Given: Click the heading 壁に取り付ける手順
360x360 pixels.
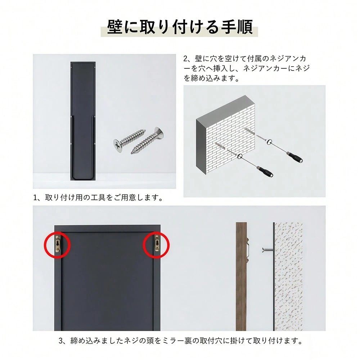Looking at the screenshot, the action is point(180,27).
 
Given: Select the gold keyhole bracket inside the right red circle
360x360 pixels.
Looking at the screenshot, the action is point(157,243).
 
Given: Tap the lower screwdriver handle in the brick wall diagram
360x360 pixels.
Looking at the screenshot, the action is point(265,171).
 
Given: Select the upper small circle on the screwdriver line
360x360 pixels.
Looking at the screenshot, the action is point(270,141).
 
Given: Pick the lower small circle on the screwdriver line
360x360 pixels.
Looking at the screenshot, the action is point(240,156).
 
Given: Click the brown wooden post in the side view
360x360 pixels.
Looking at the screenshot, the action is point(241,276).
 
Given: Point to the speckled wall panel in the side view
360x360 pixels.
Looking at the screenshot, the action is point(288,276).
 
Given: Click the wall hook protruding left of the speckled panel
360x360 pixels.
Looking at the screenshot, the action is point(267,249).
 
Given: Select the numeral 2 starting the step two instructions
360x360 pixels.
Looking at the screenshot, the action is point(185,59).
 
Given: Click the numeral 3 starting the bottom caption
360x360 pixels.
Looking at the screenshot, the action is point(61,341).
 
